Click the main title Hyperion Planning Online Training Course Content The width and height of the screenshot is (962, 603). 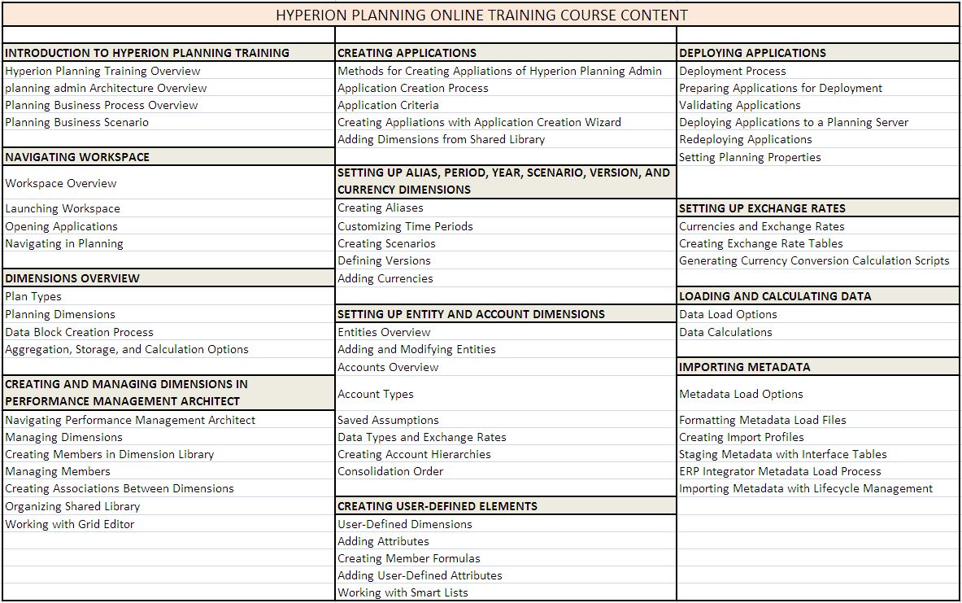coord(481,15)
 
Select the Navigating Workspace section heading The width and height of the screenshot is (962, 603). coord(77,157)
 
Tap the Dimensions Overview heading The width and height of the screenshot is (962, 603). coord(72,278)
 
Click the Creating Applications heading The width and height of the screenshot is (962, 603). coord(407,53)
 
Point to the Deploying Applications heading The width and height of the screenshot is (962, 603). coord(752,53)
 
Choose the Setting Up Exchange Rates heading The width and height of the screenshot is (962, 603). coord(762,208)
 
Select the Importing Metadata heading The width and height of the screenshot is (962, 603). coord(744,367)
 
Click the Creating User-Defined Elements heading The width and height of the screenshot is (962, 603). coord(437,506)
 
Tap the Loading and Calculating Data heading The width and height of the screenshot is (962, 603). coord(774,296)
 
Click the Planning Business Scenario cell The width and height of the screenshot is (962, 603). coord(76,122)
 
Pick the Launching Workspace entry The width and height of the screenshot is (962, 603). coord(63,208)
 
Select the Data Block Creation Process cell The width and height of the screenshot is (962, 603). coord(79,332)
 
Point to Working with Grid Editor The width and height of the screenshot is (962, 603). coord(70,524)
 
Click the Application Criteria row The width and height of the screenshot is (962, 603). coord(388,105)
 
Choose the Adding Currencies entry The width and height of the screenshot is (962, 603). coord(385,278)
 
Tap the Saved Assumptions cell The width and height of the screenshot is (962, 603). coord(388,420)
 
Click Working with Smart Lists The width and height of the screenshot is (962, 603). coord(403,592)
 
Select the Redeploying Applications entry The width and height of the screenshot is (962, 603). coord(745,139)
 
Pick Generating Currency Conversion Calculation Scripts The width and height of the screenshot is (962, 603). coord(814,260)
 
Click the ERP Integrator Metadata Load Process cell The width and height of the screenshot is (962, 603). coord(780,471)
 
